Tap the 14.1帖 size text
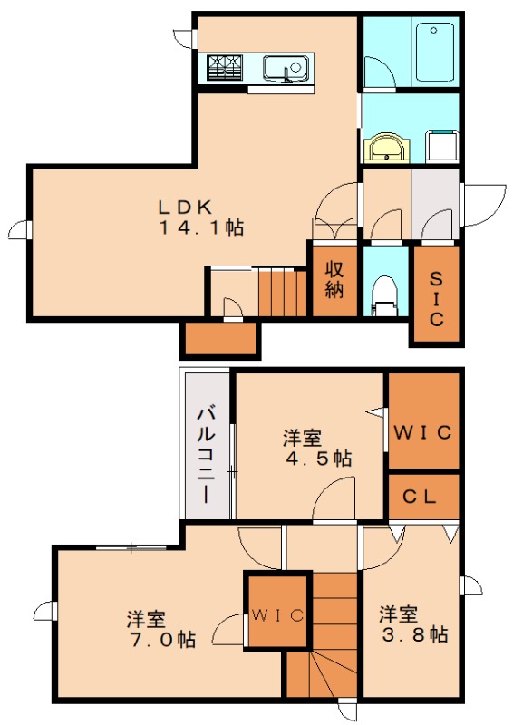coord(202,227)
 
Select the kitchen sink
coord(286,67)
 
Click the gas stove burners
coord(226,67)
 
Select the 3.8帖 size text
coord(413,635)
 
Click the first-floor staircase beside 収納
coord(284,292)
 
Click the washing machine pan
coord(441,146)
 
